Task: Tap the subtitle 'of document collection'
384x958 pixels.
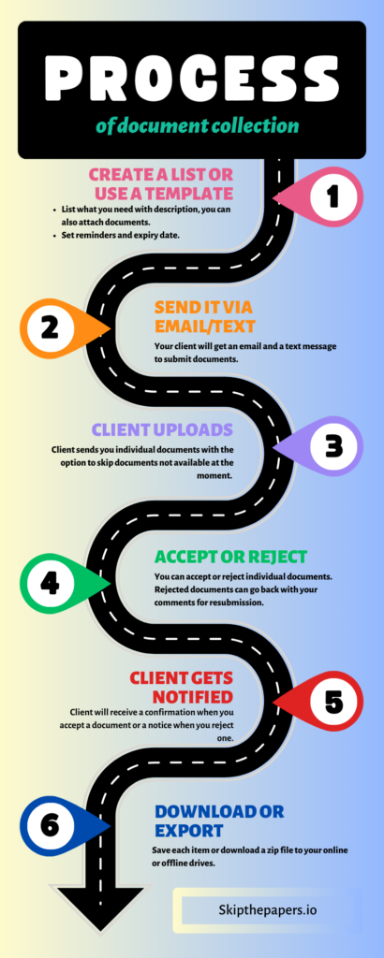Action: coord(197,126)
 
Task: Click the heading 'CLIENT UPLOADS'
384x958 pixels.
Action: coord(162,429)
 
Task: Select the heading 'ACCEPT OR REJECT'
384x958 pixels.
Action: coord(231,558)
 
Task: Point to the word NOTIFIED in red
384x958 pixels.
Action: coord(193,696)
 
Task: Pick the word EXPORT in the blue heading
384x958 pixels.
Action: coord(189,831)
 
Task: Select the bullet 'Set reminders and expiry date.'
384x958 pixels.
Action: coord(121,235)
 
